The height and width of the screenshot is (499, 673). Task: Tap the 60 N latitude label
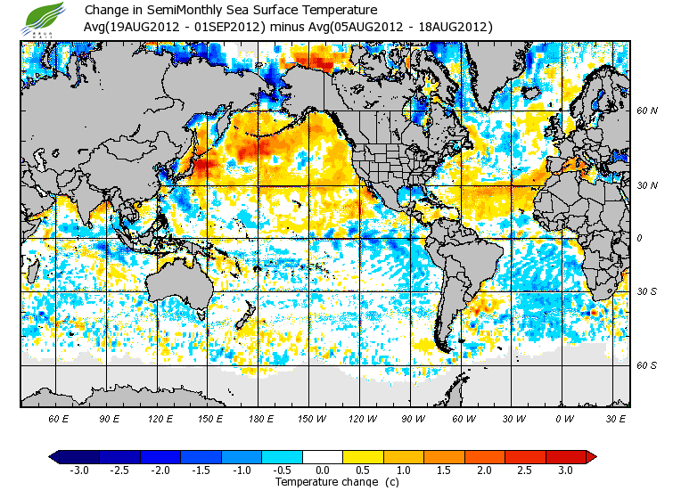(x=646, y=110)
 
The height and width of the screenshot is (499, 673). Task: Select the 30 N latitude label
(x=646, y=185)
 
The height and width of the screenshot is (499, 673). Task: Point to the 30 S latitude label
(x=646, y=291)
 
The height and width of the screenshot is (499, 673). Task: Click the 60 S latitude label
(x=646, y=365)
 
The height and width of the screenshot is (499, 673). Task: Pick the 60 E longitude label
(x=59, y=418)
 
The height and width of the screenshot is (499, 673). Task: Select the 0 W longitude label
(x=564, y=418)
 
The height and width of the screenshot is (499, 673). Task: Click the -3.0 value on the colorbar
(x=79, y=470)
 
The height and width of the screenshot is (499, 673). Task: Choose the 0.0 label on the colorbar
(x=324, y=470)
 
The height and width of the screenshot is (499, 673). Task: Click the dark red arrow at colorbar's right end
(x=590, y=456)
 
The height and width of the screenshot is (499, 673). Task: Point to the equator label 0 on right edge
(x=639, y=238)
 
